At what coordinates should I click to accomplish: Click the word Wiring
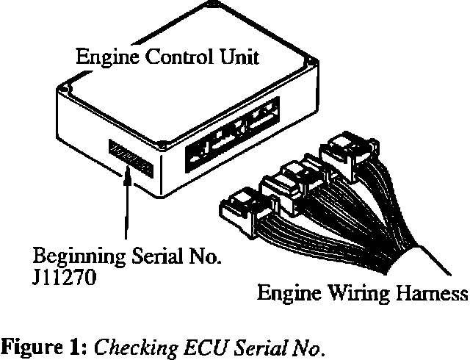[x=349, y=296]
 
